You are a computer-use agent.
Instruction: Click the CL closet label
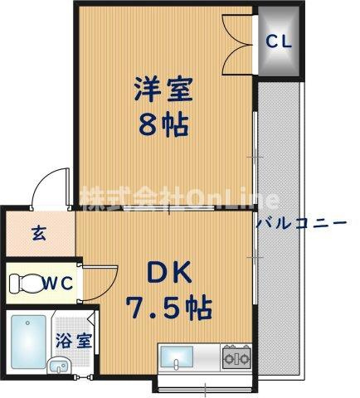(x=279, y=41)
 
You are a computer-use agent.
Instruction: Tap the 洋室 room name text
(x=163, y=89)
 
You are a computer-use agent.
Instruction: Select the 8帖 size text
(x=163, y=125)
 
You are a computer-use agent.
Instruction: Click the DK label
(x=169, y=272)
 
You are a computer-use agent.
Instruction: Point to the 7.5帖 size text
(x=169, y=308)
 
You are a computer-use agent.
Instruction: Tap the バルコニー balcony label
(x=301, y=222)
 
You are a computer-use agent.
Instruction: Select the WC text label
(x=59, y=283)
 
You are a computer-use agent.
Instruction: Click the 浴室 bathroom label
(x=74, y=341)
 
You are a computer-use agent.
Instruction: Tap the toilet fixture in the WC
(x=27, y=284)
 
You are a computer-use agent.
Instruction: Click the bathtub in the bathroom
(x=28, y=342)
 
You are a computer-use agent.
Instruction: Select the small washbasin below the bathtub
(x=59, y=366)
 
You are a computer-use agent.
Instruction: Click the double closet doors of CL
(x=237, y=44)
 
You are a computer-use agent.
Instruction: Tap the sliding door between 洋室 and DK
(x=169, y=208)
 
